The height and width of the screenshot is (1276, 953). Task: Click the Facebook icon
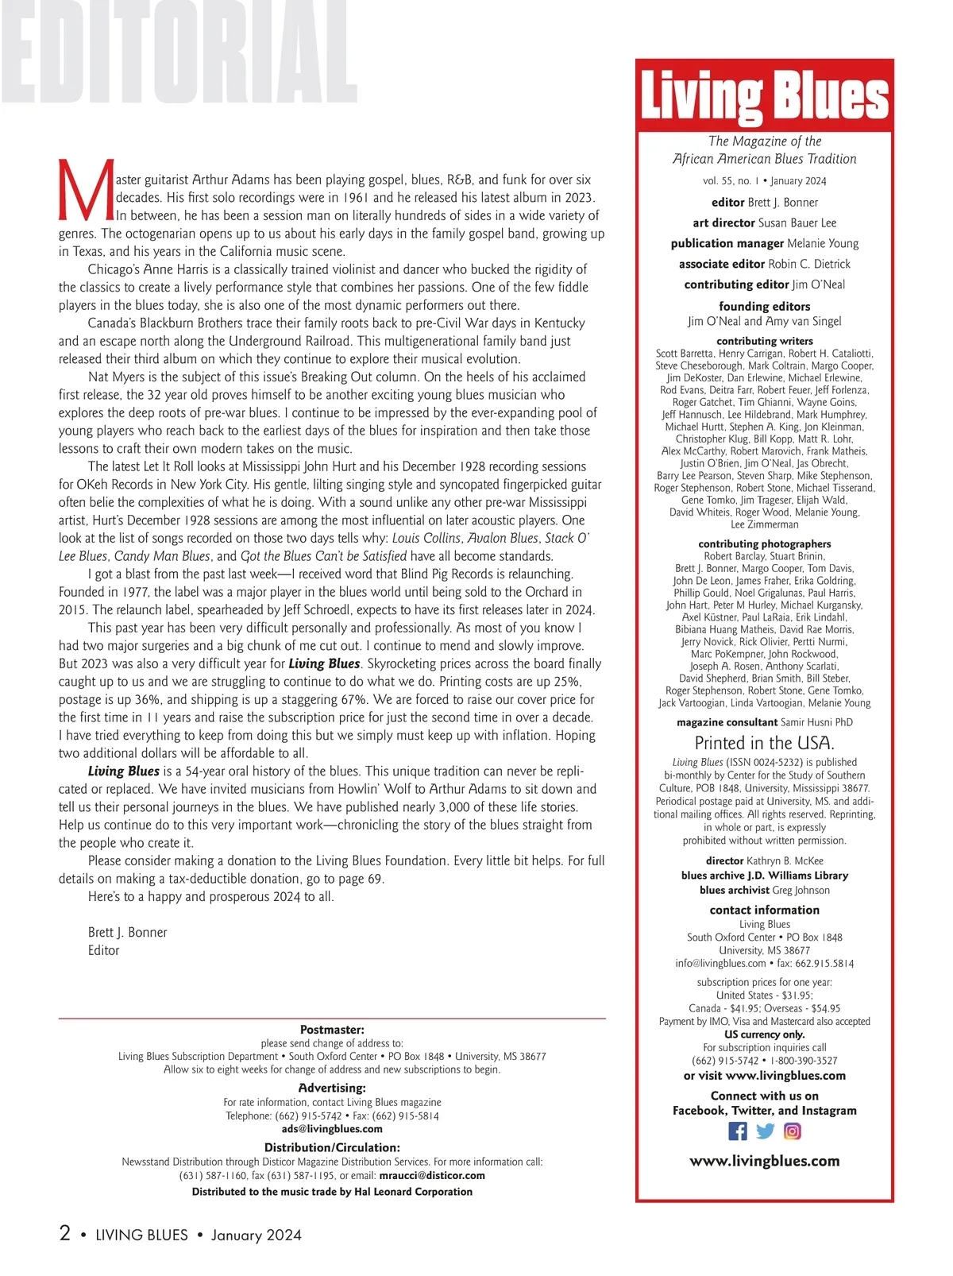point(737,1131)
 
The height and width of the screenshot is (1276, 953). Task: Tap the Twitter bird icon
point(765,1131)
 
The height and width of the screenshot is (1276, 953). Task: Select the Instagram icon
point(792,1131)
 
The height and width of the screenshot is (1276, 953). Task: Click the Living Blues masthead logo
point(764,97)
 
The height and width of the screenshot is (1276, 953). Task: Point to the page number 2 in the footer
point(65,1233)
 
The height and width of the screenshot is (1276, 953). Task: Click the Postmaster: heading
point(332,1030)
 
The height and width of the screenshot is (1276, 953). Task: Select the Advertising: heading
point(332,1088)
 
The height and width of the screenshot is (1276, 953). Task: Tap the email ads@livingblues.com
point(332,1129)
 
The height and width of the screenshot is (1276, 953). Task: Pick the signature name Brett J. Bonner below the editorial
point(127,932)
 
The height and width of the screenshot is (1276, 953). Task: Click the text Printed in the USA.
point(764,743)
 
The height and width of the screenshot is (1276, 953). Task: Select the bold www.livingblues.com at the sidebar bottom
point(764,1161)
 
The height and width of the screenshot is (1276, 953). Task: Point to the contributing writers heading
point(764,341)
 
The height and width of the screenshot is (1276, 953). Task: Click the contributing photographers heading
point(764,544)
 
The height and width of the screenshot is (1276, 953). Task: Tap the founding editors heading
point(764,306)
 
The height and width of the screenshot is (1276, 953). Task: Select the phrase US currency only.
point(764,1034)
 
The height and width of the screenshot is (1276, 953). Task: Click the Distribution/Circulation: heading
point(332,1147)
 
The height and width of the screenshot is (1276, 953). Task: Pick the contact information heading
point(764,910)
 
